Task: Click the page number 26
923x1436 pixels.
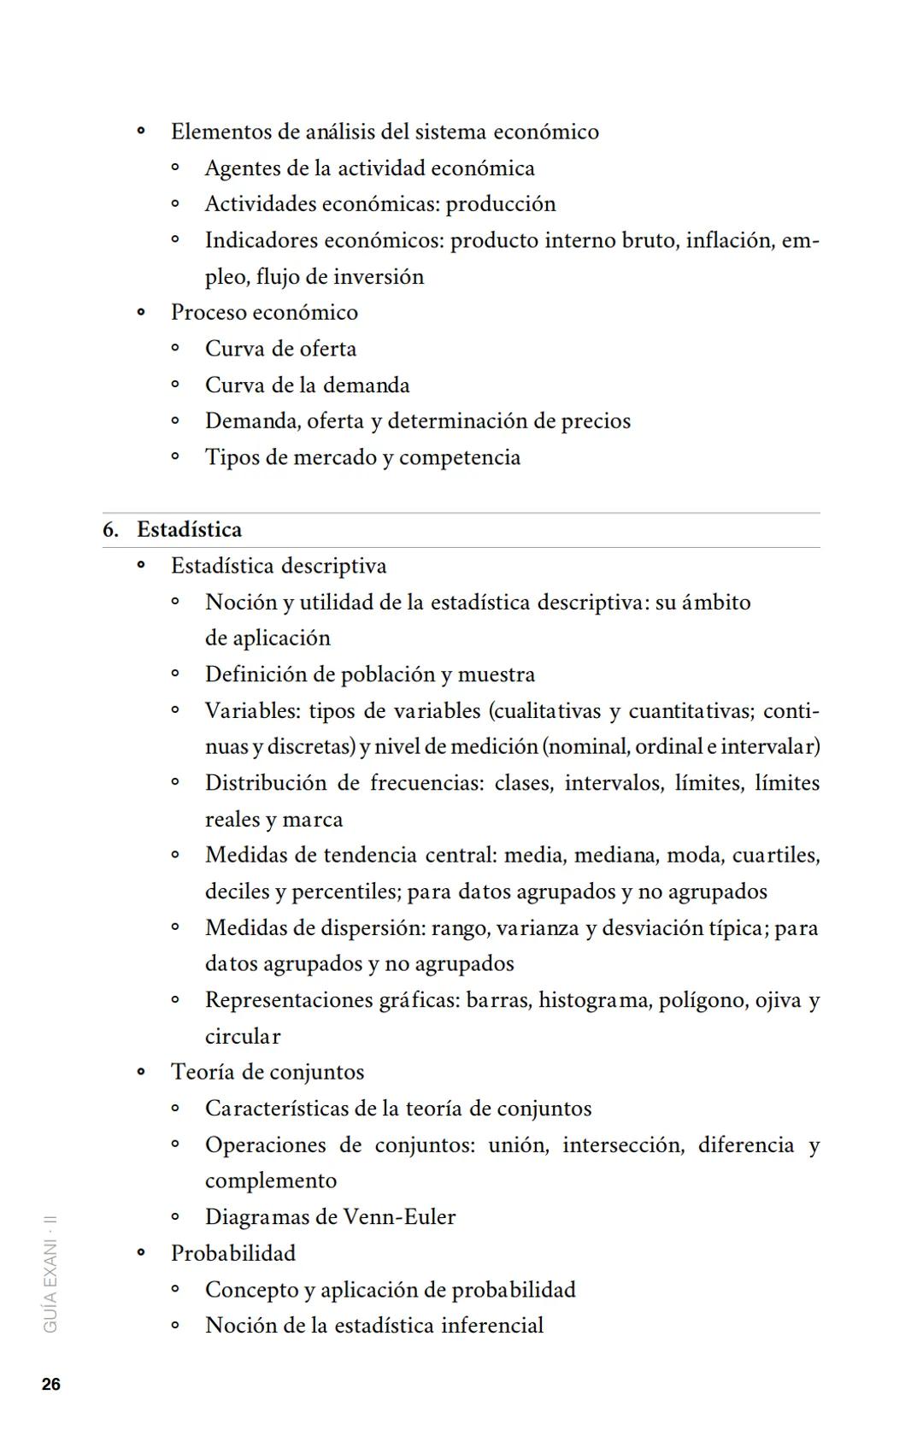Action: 51,1385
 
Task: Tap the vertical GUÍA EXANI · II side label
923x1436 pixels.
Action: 50,1274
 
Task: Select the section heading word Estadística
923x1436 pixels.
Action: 189,530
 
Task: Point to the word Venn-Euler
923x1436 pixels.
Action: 399,1217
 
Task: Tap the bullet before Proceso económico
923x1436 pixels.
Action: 141,313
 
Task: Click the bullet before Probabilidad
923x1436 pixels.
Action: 141,1253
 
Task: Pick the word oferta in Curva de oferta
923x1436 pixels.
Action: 328,349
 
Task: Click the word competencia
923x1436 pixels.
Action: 460,457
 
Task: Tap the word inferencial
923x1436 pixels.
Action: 492,1326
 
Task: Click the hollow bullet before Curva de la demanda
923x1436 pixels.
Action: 175,385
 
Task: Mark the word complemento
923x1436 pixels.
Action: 271,1181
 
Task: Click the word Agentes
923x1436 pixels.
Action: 243,168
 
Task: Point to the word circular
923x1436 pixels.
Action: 243,1037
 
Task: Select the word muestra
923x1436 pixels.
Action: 497,674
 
